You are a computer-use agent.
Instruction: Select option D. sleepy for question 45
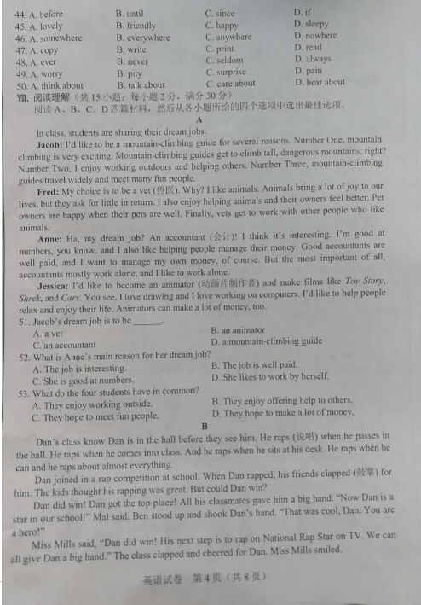tap(311, 24)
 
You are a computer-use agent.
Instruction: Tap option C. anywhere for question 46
tap(228, 37)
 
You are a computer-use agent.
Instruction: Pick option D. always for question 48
tap(313, 59)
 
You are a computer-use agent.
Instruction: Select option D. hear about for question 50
tap(320, 82)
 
